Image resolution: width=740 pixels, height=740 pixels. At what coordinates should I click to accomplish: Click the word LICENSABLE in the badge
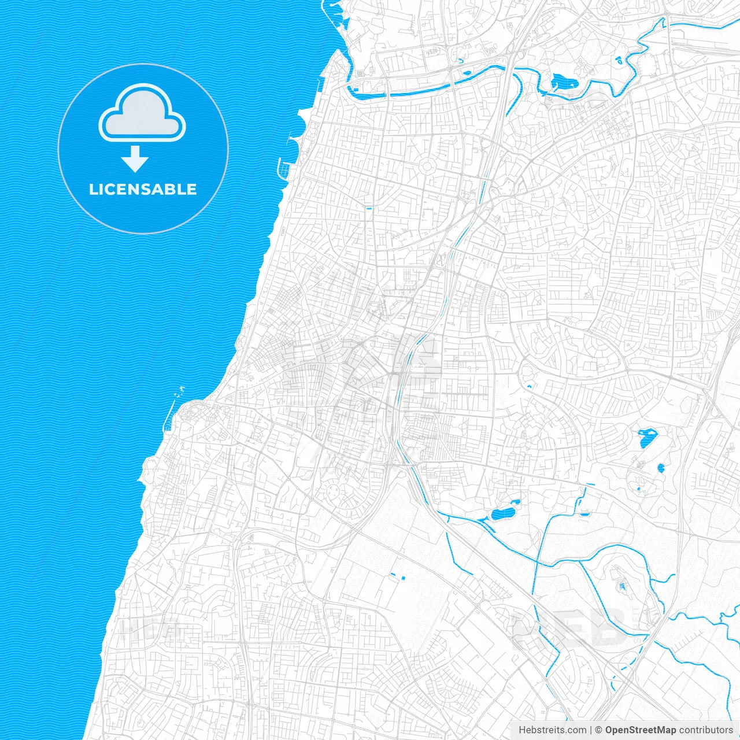(x=143, y=189)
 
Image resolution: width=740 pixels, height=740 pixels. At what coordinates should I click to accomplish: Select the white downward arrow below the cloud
(x=135, y=159)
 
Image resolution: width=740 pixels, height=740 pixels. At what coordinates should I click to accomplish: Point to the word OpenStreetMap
(x=641, y=730)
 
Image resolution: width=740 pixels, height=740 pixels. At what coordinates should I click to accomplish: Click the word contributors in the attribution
(x=706, y=730)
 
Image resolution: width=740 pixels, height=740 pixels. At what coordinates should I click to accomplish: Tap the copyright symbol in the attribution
(x=599, y=730)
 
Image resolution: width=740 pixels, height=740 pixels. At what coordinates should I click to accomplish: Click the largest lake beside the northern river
(x=561, y=83)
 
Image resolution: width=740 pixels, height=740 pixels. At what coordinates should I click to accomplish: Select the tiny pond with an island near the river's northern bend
(x=617, y=59)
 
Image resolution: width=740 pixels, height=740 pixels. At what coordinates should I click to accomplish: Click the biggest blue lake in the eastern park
(x=647, y=438)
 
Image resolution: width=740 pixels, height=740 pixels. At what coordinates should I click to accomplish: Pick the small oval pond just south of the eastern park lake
(x=661, y=468)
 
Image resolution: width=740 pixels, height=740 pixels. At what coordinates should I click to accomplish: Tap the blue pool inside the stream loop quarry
(x=623, y=587)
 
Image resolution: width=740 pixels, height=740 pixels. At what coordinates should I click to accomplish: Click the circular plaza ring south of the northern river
(x=428, y=166)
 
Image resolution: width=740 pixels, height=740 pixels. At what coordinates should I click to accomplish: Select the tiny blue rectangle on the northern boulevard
(x=369, y=207)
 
